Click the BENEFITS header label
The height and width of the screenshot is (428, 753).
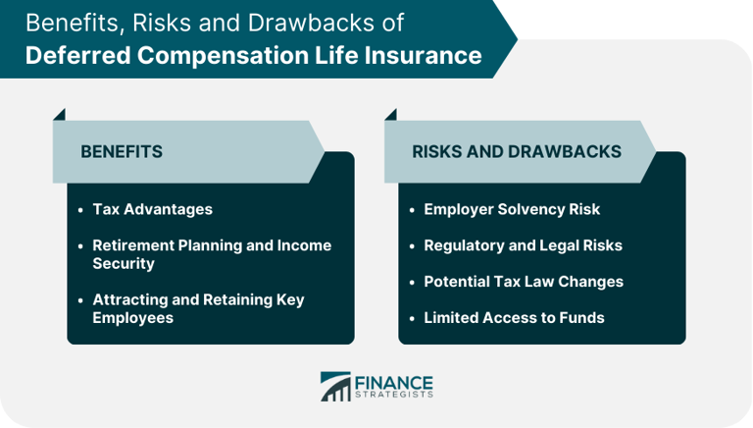tap(122, 152)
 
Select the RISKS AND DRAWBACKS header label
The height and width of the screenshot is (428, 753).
tap(516, 152)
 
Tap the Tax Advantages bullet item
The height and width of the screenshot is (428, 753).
tap(152, 209)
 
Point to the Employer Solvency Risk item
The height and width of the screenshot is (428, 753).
tap(512, 209)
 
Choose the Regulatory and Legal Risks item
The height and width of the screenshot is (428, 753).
tap(523, 245)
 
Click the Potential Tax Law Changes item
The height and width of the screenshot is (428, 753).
tap(524, 282)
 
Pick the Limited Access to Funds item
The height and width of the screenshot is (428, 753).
tap(514, 317)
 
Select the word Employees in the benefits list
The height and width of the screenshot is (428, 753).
tap(131, 317)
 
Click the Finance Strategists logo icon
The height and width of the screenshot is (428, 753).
tap(335, 386)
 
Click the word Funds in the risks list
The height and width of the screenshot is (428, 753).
tap(583, 317)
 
